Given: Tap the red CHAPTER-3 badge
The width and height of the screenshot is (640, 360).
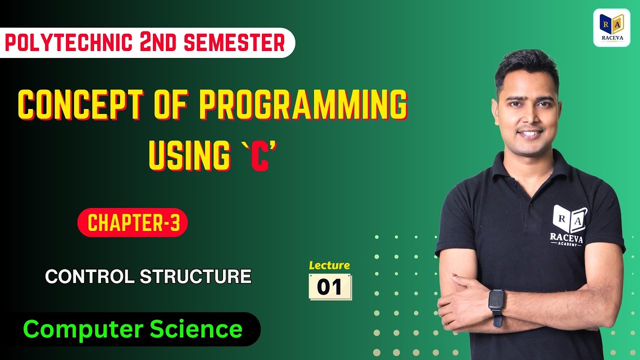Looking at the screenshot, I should pos(132,223).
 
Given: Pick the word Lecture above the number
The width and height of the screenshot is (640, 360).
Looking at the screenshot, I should pos(329,265).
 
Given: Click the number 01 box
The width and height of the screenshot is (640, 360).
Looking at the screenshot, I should pos(330,287).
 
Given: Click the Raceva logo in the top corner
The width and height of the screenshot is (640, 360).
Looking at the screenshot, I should pos(611,28).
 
